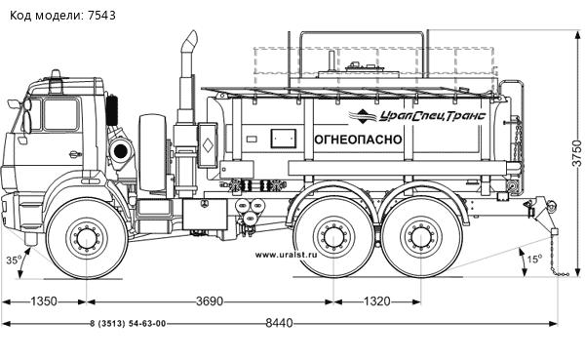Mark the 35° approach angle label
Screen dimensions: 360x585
[13, 260]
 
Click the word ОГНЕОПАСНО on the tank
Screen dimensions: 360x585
[358, 139]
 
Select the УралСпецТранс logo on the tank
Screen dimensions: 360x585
[421, 115]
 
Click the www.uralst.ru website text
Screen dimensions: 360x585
[288, 257]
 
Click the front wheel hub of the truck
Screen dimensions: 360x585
[85, 237]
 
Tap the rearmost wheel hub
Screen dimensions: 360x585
[420, 237]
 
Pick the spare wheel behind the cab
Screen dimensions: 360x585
[153, 153]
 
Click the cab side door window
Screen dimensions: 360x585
[60, 113]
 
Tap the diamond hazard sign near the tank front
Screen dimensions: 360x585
[207, 146]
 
